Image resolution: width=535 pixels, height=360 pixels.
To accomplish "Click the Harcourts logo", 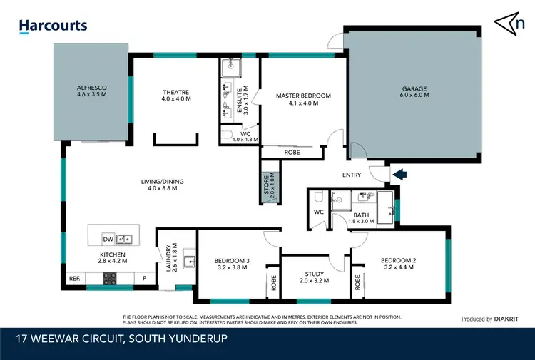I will pos(53,26).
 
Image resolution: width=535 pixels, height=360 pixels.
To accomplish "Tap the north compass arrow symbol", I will pos(507,23).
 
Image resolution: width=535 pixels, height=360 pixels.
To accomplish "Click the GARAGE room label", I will pos(414,92).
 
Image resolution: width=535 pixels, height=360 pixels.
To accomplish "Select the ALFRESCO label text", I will pos(91,89).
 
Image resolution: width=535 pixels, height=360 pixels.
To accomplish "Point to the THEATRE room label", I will pos(175,95).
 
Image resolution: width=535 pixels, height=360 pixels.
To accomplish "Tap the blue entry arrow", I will pos(399,173).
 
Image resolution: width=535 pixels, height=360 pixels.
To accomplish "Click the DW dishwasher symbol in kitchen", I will pos(109,238).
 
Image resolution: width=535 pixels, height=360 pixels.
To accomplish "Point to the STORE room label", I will pos(267,184).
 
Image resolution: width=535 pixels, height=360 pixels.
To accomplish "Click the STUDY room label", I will pos(314,277).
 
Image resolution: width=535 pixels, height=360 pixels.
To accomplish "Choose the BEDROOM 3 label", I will pos(231,264).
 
